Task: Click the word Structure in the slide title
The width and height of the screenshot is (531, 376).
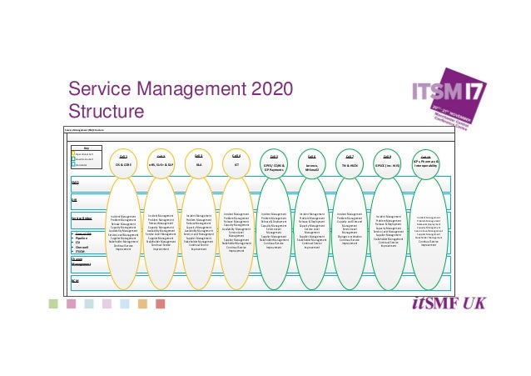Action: click(103, 112)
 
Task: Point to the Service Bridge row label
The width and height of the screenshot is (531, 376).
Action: click(82, 216)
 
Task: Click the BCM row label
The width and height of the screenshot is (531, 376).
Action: click(75, 280)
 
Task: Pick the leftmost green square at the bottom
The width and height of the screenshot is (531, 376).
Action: click(53, 303)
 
